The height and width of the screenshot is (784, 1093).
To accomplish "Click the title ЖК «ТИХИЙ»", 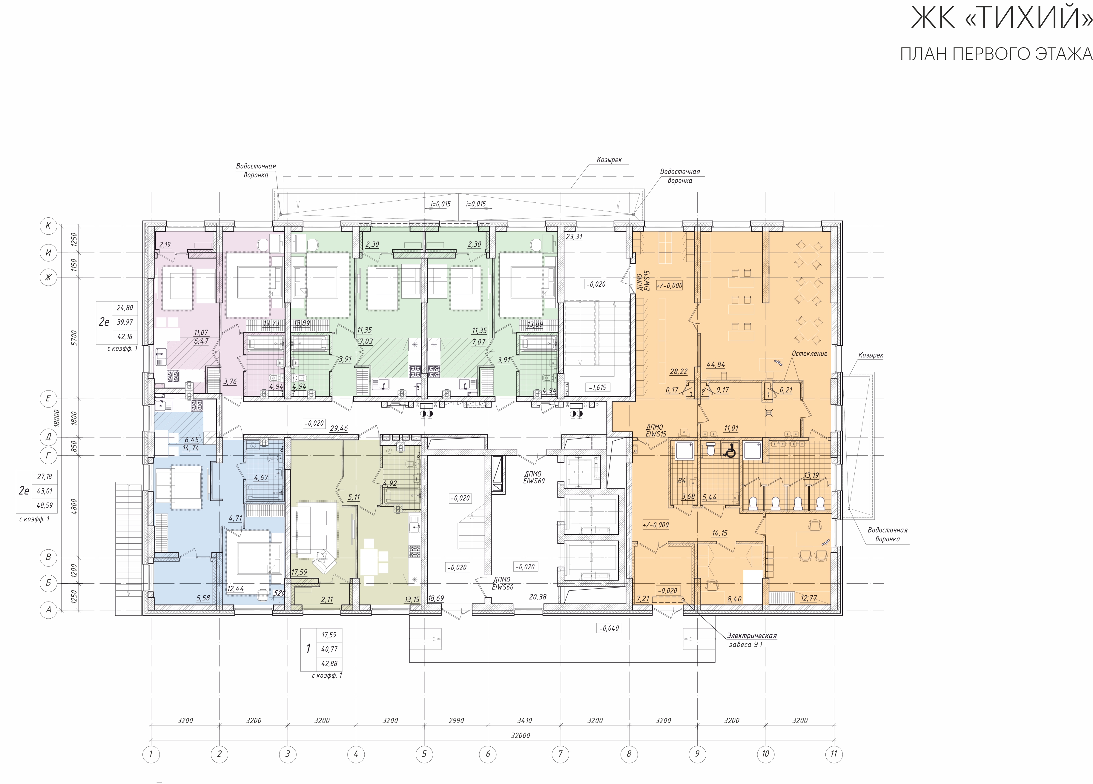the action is click(1001, 18).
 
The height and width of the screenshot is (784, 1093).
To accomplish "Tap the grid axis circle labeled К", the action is click(48, 225).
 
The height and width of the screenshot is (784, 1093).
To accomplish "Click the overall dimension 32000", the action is click(521, 735).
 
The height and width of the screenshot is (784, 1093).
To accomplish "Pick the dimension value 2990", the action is click(456, 720).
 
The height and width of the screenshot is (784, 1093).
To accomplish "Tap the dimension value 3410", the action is click(524, 720).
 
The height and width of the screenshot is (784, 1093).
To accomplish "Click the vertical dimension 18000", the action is click(57, 418).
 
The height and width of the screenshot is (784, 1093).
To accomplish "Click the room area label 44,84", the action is click(716, 365).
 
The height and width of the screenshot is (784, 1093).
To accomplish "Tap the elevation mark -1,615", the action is click(598, 388).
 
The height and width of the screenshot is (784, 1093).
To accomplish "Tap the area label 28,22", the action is click(678, 371).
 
